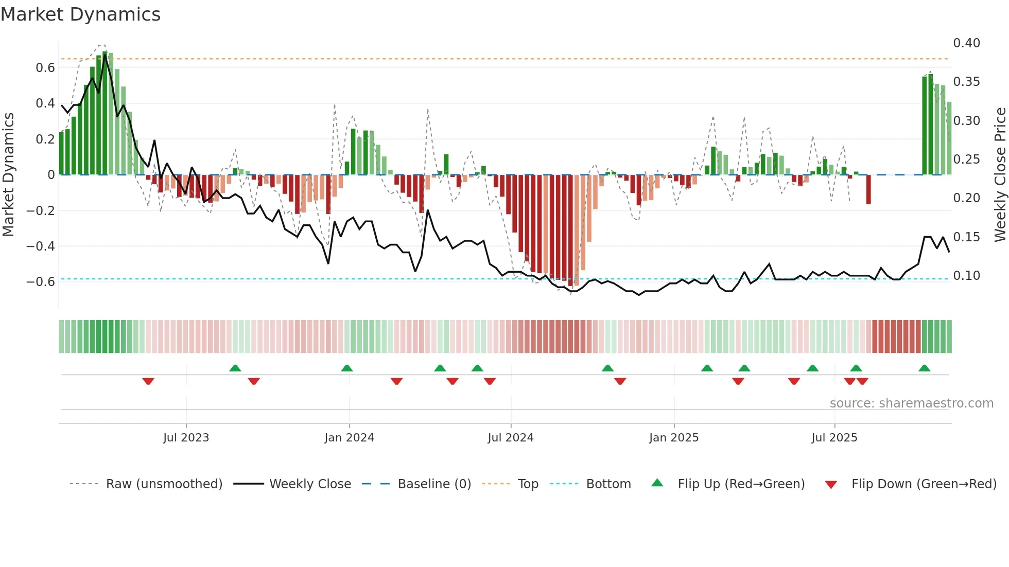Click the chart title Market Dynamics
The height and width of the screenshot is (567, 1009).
coord(80,14)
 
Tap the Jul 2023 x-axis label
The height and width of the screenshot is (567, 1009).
coord(186,438)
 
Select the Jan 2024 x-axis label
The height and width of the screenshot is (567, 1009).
coord(349,438)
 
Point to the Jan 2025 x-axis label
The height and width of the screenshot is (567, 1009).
coord(673,438)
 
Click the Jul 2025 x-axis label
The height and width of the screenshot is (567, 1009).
coord(834,438)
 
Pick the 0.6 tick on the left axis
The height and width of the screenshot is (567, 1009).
coord(45,68)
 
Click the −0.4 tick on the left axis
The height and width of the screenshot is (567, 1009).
coord(41,246)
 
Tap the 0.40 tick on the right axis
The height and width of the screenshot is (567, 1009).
coord(966,43)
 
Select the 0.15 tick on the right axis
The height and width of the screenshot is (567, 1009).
coord(966,237)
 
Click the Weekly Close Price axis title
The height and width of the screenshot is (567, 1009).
coord(1000,175)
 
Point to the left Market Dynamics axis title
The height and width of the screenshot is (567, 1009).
coord(8,175)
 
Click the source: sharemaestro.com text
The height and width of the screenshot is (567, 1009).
coord(911,403)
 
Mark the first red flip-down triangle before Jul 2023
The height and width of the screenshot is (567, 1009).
coord(148,381)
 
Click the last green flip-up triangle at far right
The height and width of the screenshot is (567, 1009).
coord(924,368)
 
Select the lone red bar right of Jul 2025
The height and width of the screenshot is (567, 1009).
coord(868,189)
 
